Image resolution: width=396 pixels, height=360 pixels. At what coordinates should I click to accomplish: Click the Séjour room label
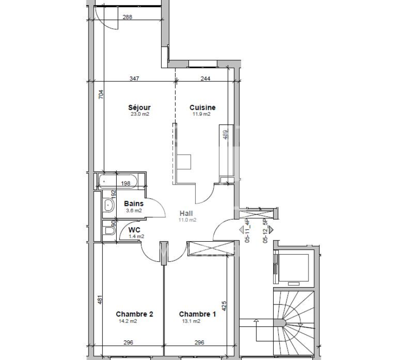pyautogui.click(x=139, y=108)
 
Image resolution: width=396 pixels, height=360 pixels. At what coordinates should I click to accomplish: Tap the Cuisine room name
pyautogui.click(x=203, y=107)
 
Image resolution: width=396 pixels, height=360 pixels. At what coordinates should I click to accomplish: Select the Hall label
pyautogui.click(x=186, y=214)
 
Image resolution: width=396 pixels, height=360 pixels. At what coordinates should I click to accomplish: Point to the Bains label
pyautogui.click(x=133, y=203)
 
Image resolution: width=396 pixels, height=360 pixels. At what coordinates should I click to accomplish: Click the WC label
pyautogui.click(x=134, y=230)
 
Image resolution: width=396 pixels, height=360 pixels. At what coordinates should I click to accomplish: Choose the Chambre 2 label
pyautogui.click(x=134, y=314)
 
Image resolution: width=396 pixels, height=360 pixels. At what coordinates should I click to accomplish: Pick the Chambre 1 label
pyautogui.click(x=198, y=314)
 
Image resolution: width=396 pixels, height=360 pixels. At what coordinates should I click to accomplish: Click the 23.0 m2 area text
pyautogui.click(x=140, y=114)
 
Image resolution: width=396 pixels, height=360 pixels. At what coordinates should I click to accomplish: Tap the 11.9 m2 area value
pyautogui.click(x=201, y=114)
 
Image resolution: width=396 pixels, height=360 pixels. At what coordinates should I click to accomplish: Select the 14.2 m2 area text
pyautogui.click(x=128, y=321)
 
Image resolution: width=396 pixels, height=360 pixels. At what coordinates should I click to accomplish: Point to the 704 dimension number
pyautogui.click(x=101, y=94)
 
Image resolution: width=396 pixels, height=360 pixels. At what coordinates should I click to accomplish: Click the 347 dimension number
pyautogui.click(x=134, y=79)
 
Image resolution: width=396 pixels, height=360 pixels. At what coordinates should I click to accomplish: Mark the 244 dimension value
pyautogui.click(x=205, y=79)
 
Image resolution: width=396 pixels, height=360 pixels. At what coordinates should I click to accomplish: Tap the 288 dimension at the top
pyautogui.click(x=127, y=17)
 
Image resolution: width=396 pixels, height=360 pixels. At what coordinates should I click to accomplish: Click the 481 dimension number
pyautogui.click(x=100, y=300)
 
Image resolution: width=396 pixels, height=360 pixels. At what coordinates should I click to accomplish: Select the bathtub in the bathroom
pyautogui.click(x=118, y=181)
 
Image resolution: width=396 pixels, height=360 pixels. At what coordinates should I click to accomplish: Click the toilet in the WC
pyautogui.click(x=109, y=231)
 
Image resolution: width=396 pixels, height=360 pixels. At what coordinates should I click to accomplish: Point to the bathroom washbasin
pyautogui.click(x=109, y=205)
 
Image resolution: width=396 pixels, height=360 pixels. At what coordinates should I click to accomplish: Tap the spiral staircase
pyautogui.click(x=294, y=323)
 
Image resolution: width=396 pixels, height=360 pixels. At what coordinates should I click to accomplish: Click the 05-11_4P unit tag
pyautogui.click(x=248, y=231)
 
